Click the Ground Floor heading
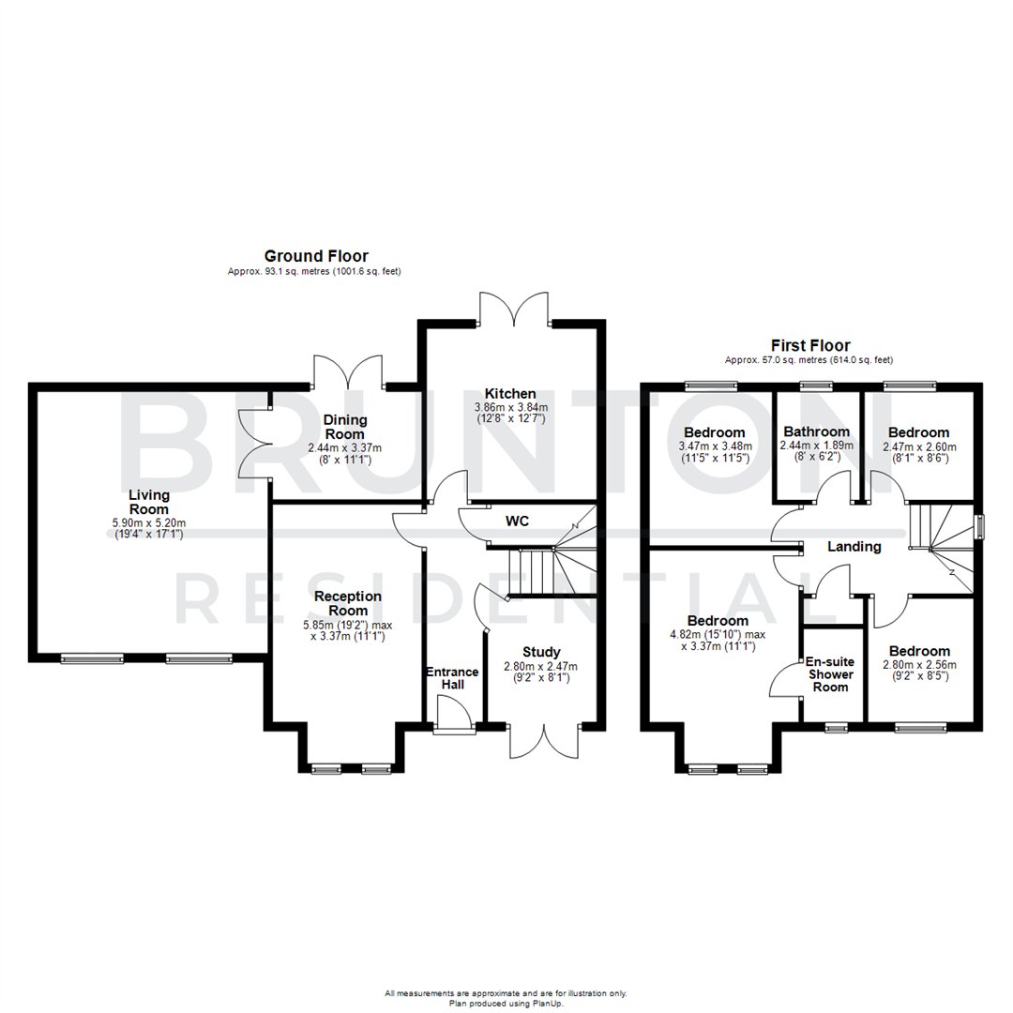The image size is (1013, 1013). (x=315, y=255)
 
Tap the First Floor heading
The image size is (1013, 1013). (x=809, y=345)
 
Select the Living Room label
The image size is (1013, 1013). (x=149, y=502)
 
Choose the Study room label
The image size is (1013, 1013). (x=541, y=652)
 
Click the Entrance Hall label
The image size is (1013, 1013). (x=452, y=679)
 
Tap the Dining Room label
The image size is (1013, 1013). (x=346, y=427)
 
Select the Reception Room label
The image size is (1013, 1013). (x=348, y=603)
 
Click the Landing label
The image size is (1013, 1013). (x=854, y=546)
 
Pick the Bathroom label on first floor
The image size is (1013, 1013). (x=816, y=431)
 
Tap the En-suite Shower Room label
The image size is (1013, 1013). (x=828, y=673)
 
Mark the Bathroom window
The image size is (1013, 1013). (x=816, y=385)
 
